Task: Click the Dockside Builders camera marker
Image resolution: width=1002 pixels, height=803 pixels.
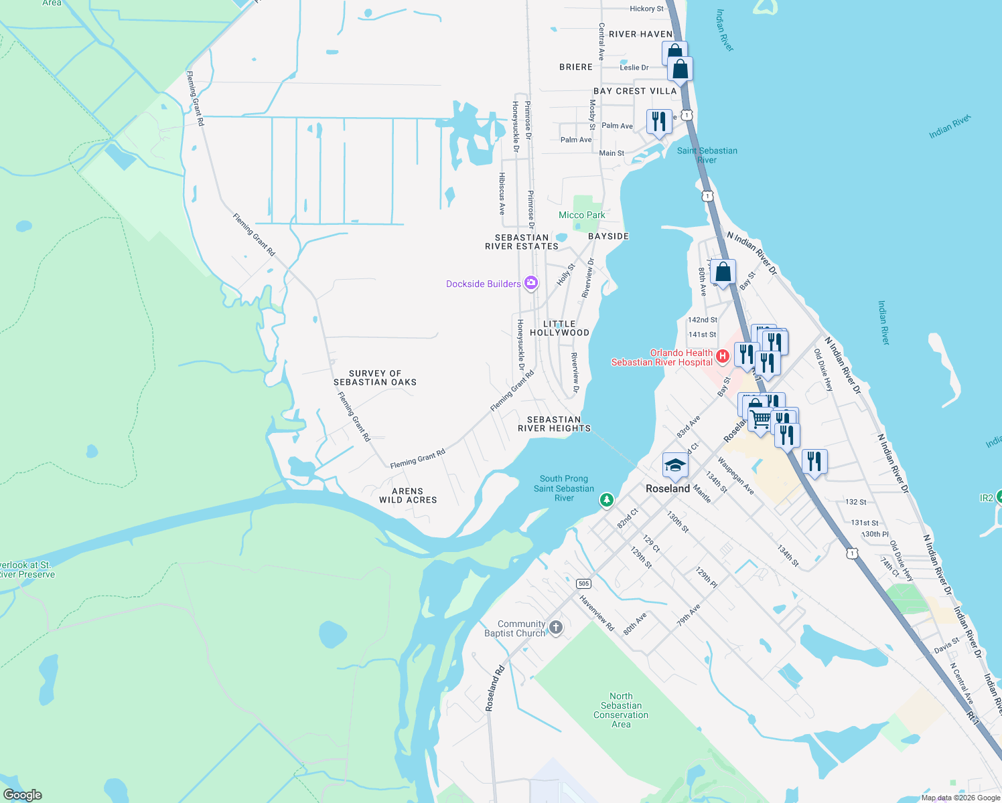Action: click(x=531, y=283)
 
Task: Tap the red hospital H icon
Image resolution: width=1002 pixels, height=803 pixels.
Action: click(x=722, y=357)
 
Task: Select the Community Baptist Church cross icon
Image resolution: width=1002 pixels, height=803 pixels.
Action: click(x=555, y=628)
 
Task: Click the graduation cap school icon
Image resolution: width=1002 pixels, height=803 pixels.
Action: click(x=675, y=465)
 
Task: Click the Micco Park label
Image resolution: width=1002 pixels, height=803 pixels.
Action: click(x=581, y=215)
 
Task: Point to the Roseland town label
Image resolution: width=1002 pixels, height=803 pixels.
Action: click(x=667, y=488)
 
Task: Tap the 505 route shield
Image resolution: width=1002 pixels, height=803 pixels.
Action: click(x=583, y=584)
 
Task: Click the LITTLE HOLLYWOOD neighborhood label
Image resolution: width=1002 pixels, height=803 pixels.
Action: click(x=559, y=328)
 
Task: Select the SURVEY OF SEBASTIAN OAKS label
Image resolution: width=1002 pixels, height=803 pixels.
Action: click(x=375, y=377)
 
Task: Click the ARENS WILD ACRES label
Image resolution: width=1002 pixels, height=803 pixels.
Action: click(x=408, y=495)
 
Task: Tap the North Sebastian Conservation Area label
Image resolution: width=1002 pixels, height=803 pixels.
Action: click(x=621, y=710)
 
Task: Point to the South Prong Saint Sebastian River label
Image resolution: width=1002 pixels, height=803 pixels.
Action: click(x=564, y=488)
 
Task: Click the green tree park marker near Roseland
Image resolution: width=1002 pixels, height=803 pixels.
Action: click(x=606, y=499)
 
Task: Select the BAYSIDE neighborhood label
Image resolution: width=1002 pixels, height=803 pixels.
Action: click(x=608, y=236)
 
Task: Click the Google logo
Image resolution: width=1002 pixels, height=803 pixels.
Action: click(x=22, y=795)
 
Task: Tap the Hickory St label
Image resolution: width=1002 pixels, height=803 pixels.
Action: click(x=646, y=9)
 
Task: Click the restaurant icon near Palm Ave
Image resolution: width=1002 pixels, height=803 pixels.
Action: click(x=659, y=122)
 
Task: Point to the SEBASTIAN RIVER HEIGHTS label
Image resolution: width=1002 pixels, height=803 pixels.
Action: click(x=554, y=424)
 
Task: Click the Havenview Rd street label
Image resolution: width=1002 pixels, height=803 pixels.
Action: click(x=597, y=613)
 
